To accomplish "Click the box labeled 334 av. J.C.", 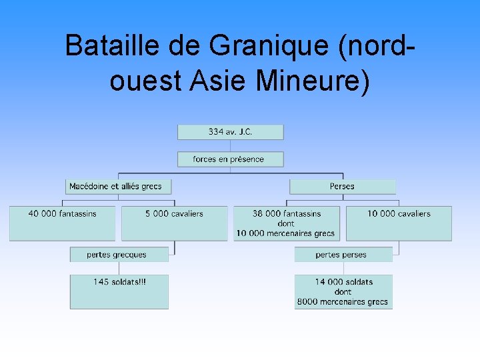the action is click(x=230, y=131).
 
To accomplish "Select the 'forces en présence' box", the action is click(x=230, y=159).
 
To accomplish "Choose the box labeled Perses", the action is click(x=342, y=186).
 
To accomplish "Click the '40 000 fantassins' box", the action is click(x=62, y=223).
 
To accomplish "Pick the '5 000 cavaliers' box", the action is click(x=174, y=223).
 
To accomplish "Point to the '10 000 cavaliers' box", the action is click(x=399, y=223).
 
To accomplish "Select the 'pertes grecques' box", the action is click(x=118, y=255).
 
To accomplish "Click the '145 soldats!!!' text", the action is click(x=119, y=282).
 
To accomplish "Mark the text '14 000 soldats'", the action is click(x=343, y=282).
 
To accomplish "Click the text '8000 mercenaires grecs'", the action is click(x=343, y=302).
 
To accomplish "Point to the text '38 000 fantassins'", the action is click(x=286, y=214).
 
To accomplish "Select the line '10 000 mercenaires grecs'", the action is click(x=285, y=233).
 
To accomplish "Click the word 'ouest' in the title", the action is click(x=145, y=81).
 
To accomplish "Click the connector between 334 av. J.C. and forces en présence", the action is click(x=230, y=145).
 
